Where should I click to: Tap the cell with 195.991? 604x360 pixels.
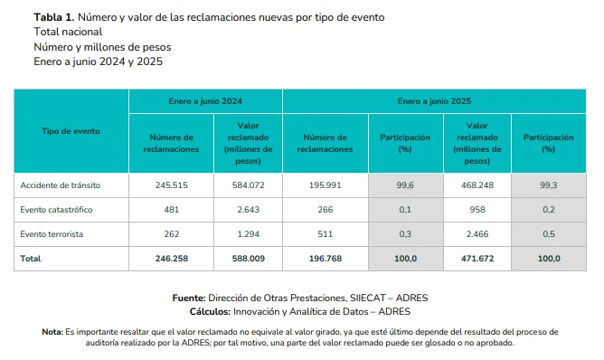[324, 185]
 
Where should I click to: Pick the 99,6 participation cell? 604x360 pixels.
[404, 185]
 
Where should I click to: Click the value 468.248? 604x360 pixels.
[477, 185]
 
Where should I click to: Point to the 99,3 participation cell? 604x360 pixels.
[548, 185]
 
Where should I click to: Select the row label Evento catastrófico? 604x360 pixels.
[57, 210]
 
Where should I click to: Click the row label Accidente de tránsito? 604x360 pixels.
[60, 185]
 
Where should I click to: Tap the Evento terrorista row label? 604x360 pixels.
[52, 234]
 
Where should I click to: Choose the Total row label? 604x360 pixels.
[31, 259]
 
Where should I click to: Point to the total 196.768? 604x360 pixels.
[324, 259]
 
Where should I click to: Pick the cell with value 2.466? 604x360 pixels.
[477, 234]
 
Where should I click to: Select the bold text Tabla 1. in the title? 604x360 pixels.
[54, 17]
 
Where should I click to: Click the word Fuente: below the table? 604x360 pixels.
[188, 298]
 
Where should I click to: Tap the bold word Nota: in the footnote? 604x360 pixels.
[52, 332]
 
